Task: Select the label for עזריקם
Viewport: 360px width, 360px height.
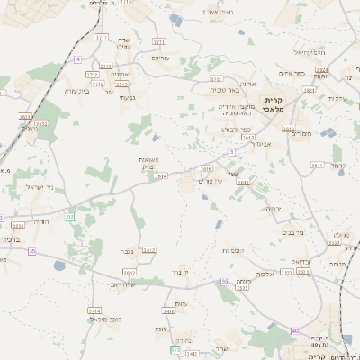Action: [x=159, y=58]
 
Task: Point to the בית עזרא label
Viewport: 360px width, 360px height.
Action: [x=79, y=90]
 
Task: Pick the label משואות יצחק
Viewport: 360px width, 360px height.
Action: [x=150, y=163]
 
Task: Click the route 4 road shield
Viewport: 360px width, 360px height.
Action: [x=77, y=58]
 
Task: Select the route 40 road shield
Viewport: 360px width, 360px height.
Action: [x=296, y=331]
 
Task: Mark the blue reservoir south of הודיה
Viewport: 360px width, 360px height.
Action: [x=59, y=265]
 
